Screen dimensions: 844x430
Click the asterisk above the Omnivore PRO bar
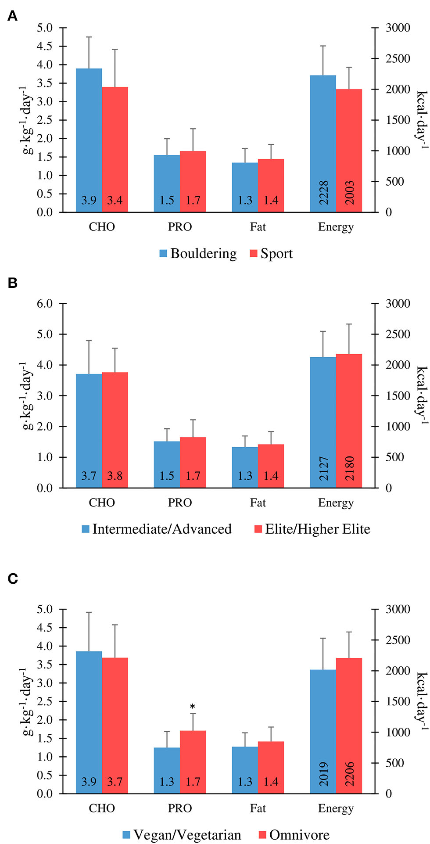pyautogui.click(x=193, y=707)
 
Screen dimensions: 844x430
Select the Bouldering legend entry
pyautogui.click(x=198, y=254)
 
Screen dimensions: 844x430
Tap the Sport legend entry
pyautogui.click(x=271, y=254)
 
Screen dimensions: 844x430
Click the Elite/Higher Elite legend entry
pyautogui.click(x=312, y=529)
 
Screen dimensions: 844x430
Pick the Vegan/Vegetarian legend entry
pyautogui.click(x=182, y=834)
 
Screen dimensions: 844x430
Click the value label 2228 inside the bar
pyautogui.click(x=323, y=192)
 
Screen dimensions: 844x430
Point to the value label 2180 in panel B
pyautogui.click(x=349, y=468)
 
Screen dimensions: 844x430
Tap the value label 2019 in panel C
pyautogui.click(x=323, y=774)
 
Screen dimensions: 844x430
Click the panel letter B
pyautogui.click(x=13, y=283)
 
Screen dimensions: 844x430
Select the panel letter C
pyautogui.click(x=13, y=579)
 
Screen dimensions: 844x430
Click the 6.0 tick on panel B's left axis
pyautogui.click(x=44, y=304)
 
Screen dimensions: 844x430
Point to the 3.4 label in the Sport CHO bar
pyautogui.click(x=115, y=201)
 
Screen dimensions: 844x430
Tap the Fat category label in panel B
pyautogui.click(x=258, y=503)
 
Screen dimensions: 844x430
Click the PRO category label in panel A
pyautogui.click(x=180, y=227)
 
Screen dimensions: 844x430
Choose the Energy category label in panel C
pyautogui.click(x=336, y=808)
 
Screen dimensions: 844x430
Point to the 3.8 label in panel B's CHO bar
pyautogui.click(x=115, y=476)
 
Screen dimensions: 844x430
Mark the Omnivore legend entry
pyautogui.click(x=294, y=834)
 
